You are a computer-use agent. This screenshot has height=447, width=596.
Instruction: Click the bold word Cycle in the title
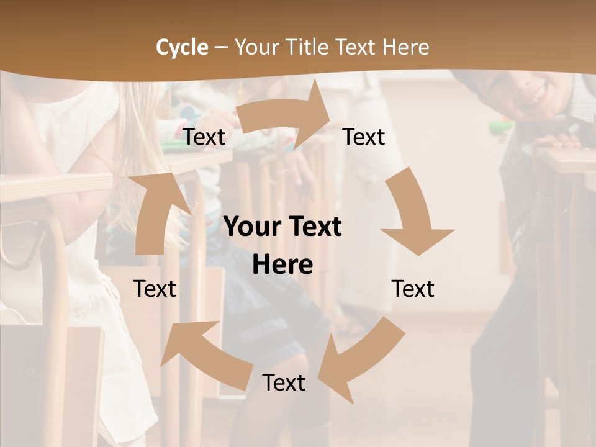tap(182, 47)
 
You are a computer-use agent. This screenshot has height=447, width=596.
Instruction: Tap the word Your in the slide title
tap(256, 47)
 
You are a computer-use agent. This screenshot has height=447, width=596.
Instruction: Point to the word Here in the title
tap(404, 47)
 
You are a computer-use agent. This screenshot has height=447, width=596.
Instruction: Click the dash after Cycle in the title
tap(221, 48)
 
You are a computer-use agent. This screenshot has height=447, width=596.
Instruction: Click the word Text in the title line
tap(357, 47)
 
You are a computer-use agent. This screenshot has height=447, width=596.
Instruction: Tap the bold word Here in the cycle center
tap(282, 265)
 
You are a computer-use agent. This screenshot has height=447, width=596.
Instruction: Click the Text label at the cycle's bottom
tap(284, 383)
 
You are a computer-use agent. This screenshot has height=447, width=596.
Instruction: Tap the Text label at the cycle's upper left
tap(204, 137)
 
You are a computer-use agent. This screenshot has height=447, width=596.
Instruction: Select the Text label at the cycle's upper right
tap(364, 137)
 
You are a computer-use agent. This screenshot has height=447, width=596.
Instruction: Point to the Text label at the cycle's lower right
tap(413, 289)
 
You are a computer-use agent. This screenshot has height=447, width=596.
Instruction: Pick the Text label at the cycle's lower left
tap(155, 289)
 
